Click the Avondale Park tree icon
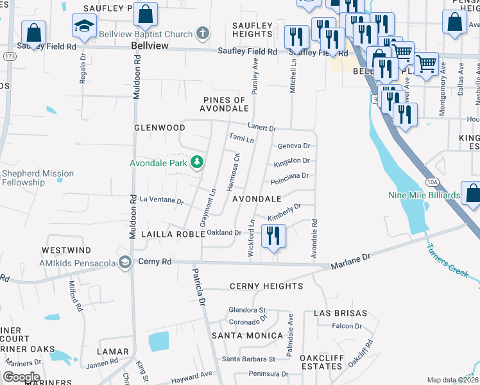pos(198,162)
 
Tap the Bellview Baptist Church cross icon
pos(203,33)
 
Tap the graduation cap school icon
pos(83,27)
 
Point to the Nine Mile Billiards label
pos(424,195)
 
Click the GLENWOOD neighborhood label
pos(159,128)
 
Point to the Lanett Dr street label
pos(262,128)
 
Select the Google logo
pos(21,377)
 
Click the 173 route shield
pos(10,57)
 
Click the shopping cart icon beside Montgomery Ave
pos(426,64)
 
